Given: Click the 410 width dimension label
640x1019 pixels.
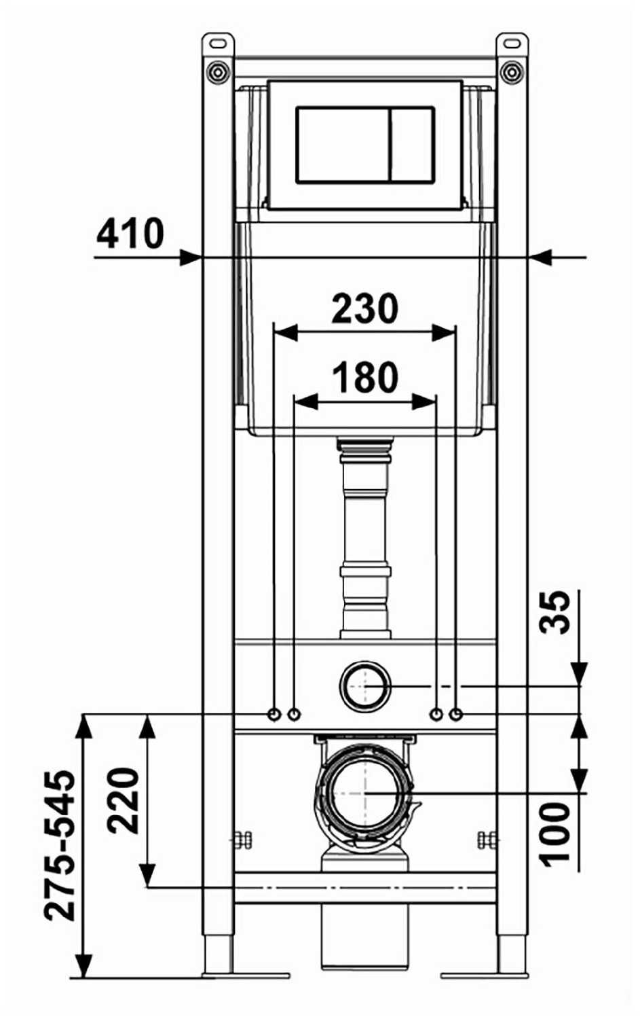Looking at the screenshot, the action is click(130, 234).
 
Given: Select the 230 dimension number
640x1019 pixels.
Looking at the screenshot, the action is click(365, 308).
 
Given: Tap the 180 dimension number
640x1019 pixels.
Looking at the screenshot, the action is click(365, 376).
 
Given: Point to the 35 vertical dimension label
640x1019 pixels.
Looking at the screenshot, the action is click(554, 612).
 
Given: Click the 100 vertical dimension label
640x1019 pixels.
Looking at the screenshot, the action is click(554, 832).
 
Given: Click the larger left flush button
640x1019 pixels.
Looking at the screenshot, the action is click(343, 145).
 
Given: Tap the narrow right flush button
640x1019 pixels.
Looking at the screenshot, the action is click(412, 145).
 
